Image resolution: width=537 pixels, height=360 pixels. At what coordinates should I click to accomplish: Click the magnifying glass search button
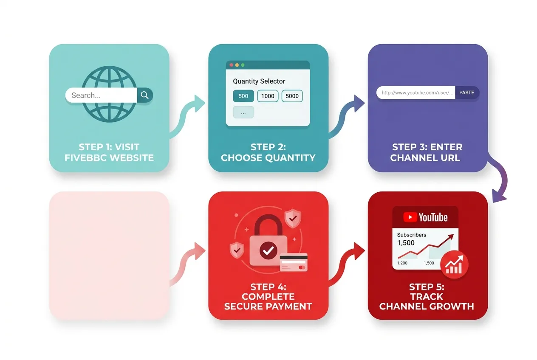pyautogui.click(x=145, y=96)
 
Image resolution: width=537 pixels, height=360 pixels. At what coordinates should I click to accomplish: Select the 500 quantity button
pyautogui.click(x=243, y=96)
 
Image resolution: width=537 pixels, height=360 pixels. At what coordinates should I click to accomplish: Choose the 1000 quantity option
pyautogui.click(x=268, y=96)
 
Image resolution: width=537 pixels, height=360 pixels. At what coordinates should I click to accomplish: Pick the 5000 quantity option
pyautogui.click(x=292, y=96)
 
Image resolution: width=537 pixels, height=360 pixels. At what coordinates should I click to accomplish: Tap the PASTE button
pyautogui.click(x=467, y=93)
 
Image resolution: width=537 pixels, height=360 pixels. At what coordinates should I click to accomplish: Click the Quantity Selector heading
pyautogui.click(x=259, y=81)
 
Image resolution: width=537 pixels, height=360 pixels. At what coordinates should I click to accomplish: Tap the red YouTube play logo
pyautogui.click(x=410, y=217)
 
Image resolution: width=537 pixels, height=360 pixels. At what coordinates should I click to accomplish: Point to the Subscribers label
pyautogui.click(x=411, y=235)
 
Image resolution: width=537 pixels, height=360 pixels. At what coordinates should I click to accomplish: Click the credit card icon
pyautogui.click(x=294, y=262)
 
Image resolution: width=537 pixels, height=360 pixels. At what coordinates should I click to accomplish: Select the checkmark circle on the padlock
pyautogui.click(x=268, y=250)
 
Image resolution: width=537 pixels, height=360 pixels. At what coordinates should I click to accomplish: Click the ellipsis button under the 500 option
pyautogui.click(x=243, y=112)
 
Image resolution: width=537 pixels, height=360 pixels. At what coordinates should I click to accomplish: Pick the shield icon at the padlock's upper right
pyautogui.click(x=292, y=218)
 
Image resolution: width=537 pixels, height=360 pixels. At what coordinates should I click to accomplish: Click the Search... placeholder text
pyautogui.click(x=86, y=96)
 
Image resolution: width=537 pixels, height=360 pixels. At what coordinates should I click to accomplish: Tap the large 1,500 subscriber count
pyautogui.click(x=406, y=243)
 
